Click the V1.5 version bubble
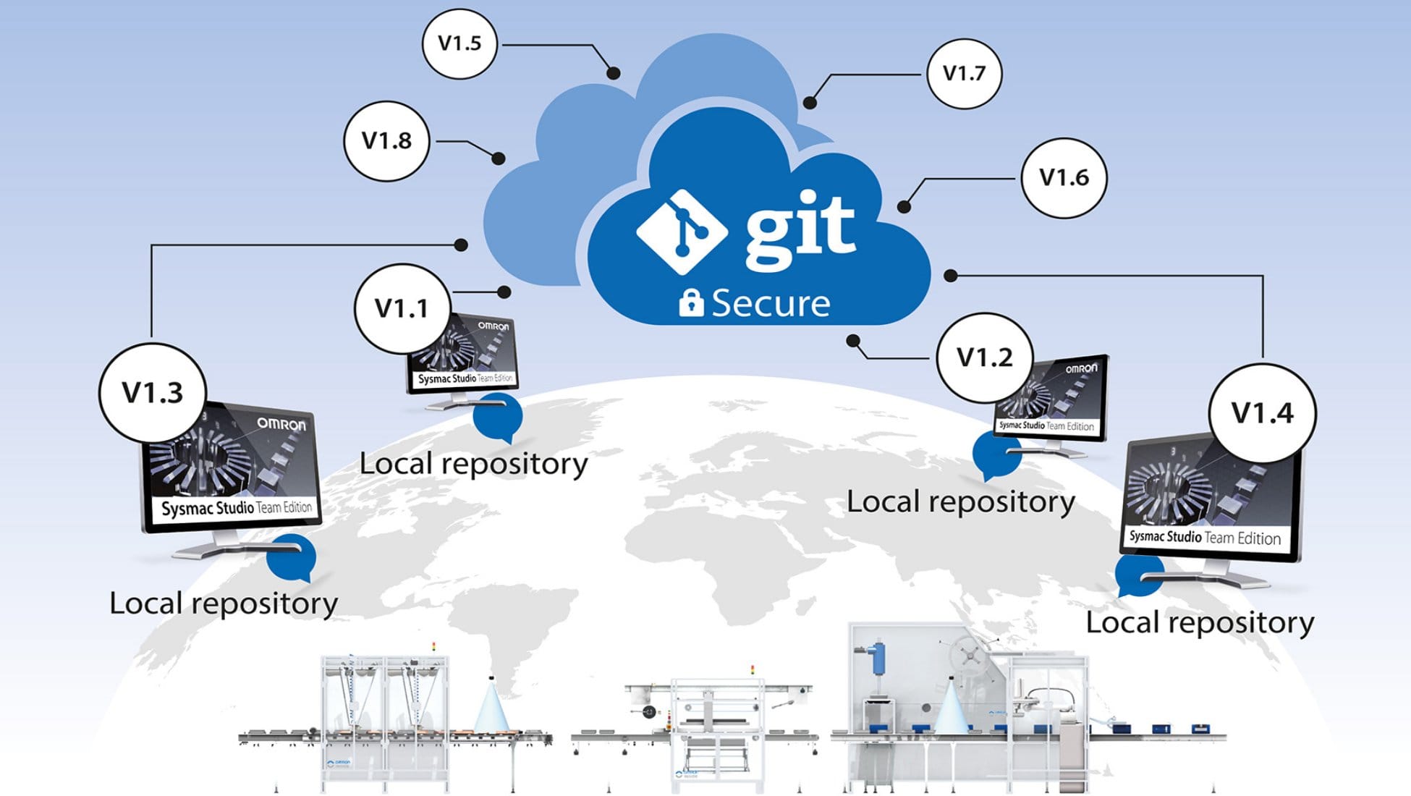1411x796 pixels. [459, 43]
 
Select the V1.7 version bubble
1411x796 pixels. [964, 73]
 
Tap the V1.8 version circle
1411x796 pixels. [386, 140]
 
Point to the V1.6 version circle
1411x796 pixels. [1064, 177]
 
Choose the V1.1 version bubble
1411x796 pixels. [402, 309]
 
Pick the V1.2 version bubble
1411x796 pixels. [984, 357]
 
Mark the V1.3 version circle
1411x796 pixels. [153, 393]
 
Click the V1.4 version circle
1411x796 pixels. [1262, 413]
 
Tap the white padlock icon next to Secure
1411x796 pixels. [691, 302]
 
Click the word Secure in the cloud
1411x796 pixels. [771, 303]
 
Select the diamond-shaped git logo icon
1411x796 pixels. [682, 232]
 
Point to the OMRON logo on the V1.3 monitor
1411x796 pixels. [281, 424]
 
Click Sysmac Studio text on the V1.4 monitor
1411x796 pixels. [1165, 536]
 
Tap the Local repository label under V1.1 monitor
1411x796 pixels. [473, 464]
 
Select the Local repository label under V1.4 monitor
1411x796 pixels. [1200, 623]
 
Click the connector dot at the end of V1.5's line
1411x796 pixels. [614, 72]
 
